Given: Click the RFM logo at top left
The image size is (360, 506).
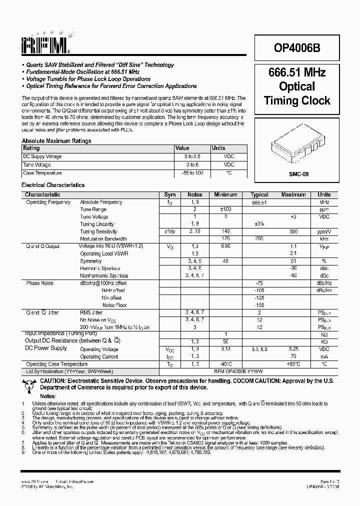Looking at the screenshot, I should [x=45, y=46].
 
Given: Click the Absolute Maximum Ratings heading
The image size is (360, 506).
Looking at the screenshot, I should [x=56, y=141].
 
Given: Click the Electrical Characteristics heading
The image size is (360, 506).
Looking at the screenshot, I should [x=53, y=185].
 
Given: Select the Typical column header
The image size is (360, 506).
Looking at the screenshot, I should [x=259, y=194].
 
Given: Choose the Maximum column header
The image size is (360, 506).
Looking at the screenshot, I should [x=293, y=194].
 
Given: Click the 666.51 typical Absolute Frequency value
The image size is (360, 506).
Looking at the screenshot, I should [x=259, y=202].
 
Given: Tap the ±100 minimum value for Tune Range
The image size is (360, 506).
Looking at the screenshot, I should [x=225, y=209].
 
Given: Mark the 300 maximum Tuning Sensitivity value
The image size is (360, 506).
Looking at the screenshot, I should [x=293, y=231].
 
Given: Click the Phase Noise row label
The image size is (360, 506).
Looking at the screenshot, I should [x=40, y=283].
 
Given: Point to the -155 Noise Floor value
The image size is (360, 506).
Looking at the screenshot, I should [x=259, y=304].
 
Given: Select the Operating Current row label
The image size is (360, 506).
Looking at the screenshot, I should [x=99, y=357].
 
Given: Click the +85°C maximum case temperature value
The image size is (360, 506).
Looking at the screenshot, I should [x=293, y=364].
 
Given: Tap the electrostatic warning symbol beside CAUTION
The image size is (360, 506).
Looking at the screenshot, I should [x=28, y=384].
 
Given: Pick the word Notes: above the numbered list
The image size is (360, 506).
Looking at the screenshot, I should [x=48, y=395].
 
